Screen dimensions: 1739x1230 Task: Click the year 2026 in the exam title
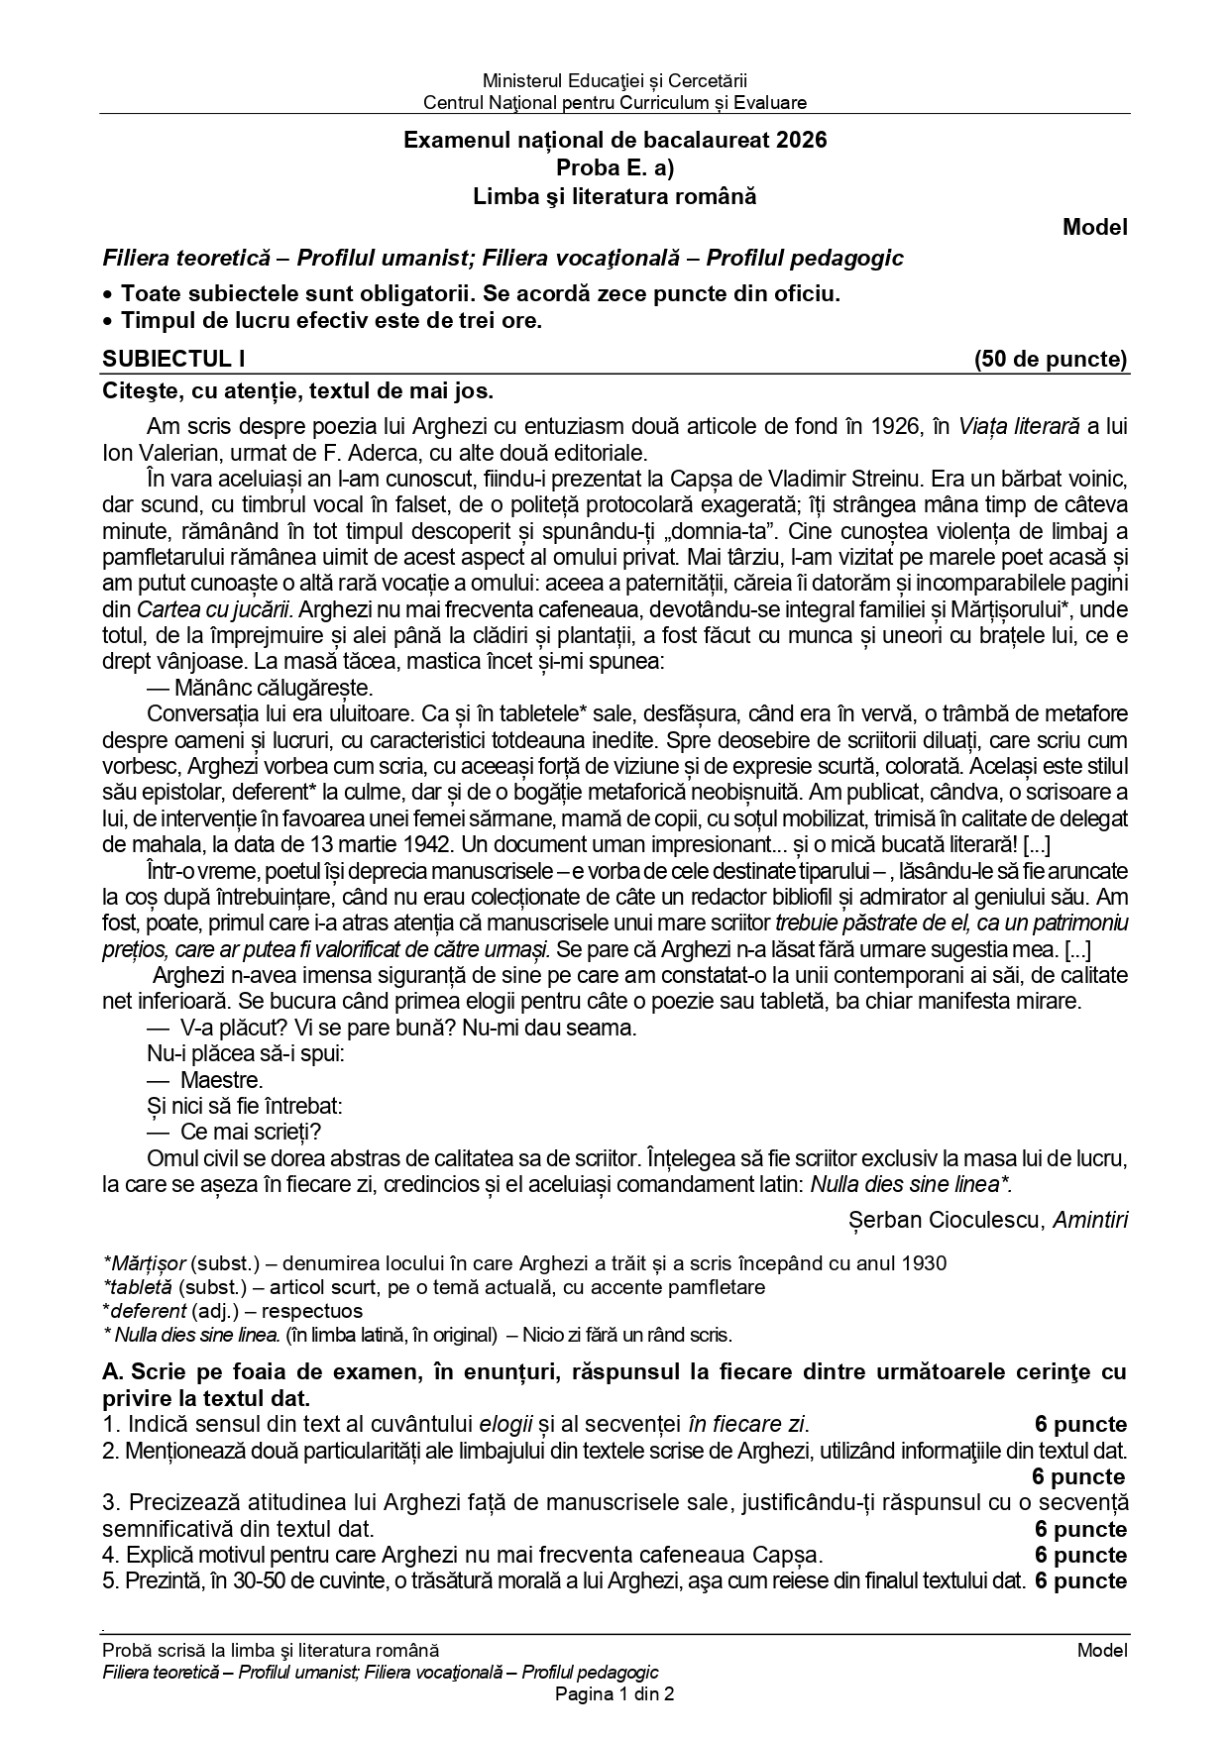(800, 141)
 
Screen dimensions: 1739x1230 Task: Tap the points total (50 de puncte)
(1051, 359)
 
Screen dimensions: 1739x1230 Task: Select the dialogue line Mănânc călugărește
(260, 688)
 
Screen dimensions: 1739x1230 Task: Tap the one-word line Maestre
(221, 1080)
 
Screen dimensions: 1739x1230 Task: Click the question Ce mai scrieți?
(251, 1132)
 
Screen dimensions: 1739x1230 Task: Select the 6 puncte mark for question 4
(1080, 1555)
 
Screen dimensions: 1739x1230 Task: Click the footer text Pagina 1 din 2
(615, 1694)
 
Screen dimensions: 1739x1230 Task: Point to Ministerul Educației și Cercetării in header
(615, 80)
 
